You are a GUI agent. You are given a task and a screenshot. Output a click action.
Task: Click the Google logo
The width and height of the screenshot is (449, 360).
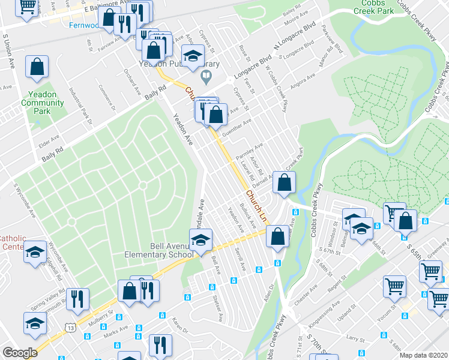[19, 353]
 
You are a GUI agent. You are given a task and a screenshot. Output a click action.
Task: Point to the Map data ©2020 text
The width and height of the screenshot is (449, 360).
[423, 355]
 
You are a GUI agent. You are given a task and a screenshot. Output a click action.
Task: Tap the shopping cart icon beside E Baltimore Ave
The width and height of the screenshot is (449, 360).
[27, 7]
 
